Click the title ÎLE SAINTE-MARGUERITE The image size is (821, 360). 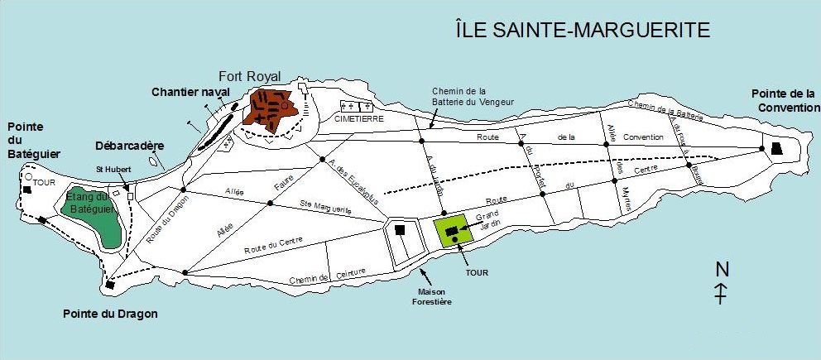[583, 31]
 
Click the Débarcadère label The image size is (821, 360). [129, 146]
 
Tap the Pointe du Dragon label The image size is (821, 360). [110, 314]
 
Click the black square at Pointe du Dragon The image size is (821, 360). [111, 285]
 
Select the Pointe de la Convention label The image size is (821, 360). [781, 101]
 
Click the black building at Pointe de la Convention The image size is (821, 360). [777, 148]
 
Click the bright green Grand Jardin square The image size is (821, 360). [454, 230]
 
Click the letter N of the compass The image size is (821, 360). [723, 269]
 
